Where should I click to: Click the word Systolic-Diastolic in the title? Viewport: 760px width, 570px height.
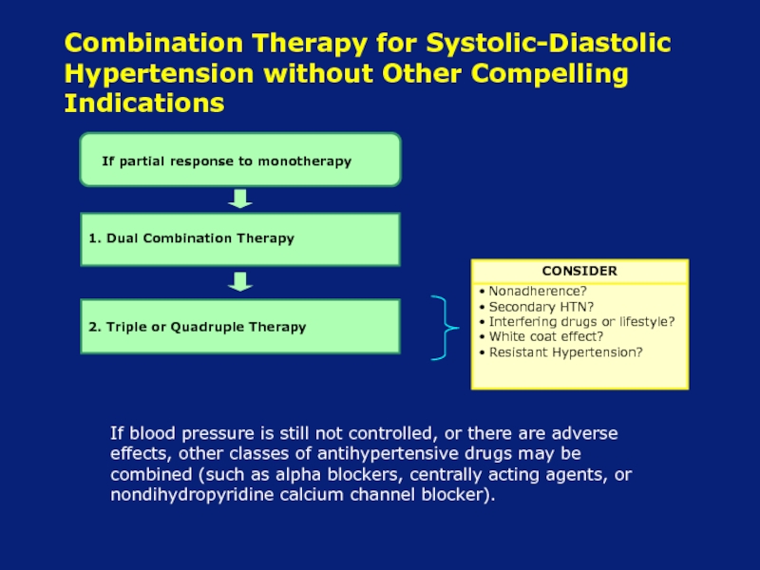click(x=548, y=43)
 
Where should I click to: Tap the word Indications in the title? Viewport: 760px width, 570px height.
click(x=144, y=103)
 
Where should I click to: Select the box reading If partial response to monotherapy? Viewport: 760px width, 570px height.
click(x=240, y=160)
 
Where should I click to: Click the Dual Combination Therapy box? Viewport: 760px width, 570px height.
click(x=240, y=239)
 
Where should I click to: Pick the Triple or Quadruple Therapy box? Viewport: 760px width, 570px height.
click(x=240, y=326)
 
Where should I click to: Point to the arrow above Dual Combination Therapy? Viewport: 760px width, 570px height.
click(x=240, y=199)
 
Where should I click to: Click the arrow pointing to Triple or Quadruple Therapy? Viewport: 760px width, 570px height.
click(x=240, y=281)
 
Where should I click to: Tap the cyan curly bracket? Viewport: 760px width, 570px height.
click(x=445, y=328)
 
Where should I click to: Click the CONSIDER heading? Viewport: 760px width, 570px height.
click(x=579, y=271)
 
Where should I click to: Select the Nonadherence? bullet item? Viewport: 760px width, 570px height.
click(x=533, y=291)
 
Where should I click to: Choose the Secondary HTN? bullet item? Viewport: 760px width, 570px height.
click(x=536, y=307)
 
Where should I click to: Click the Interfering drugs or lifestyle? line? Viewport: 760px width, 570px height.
click(x=577, y=321)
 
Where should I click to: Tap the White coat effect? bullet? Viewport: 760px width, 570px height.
click(x=541, y=336)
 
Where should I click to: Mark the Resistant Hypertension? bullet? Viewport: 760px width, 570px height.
click(x=560, y=351)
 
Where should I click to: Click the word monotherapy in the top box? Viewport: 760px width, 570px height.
click(x=304, y=161)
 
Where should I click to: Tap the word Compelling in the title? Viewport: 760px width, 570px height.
click(x=550, y=74)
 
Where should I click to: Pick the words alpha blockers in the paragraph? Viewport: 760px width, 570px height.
click(x=339, y=473)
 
